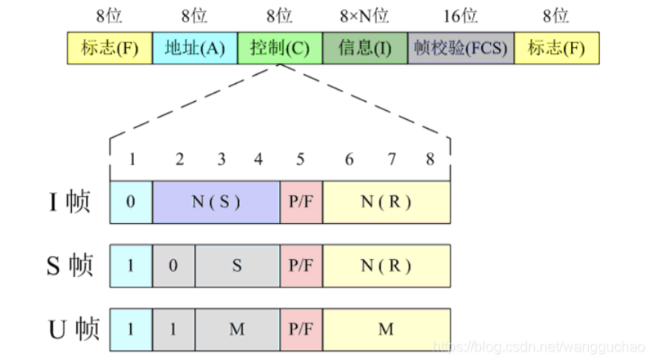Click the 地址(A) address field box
tap(195, 48)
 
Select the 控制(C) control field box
tap(280, 48)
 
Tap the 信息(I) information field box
tap(365, 48)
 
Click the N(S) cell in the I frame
tap(216, 202)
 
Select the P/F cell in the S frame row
tap(302, 266)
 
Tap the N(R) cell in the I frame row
tap(387, 202)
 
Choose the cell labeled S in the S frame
tap(238, 266)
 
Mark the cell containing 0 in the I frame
tap(131, 202)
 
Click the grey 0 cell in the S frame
tap(174, 266)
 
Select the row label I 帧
tap(70, 203)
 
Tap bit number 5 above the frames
tap(301, 159)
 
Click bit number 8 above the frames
tap(430, 159)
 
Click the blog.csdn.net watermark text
tap(538, 347)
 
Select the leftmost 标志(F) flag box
tap(109, 48)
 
